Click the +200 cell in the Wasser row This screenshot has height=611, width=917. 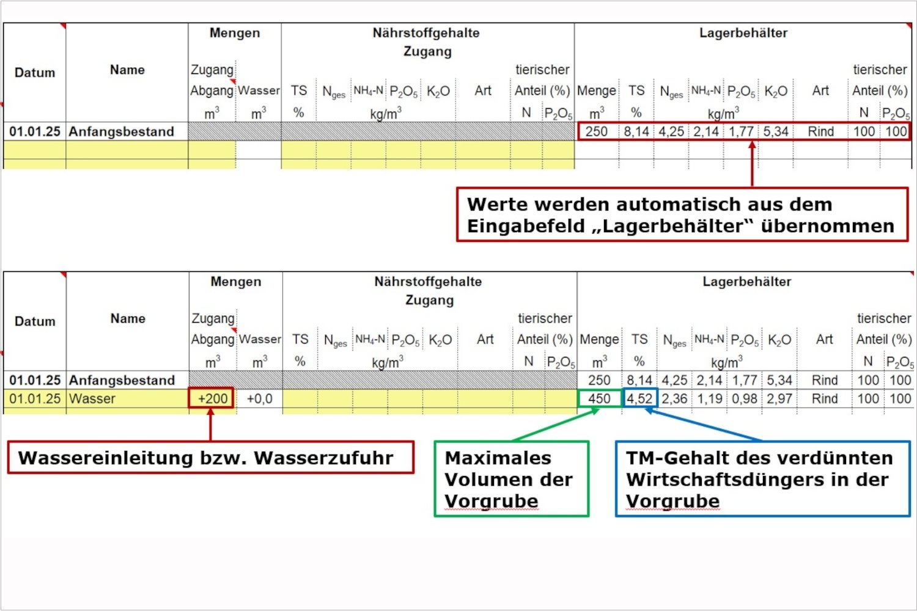click(212, 399)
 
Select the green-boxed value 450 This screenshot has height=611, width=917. click(599, 399)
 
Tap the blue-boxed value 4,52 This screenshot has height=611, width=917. click(639, 399)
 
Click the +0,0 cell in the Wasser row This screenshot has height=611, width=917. click(259, 399)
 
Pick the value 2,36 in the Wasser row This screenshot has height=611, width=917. click(674, 399)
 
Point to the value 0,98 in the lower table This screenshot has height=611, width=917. click(744, 399)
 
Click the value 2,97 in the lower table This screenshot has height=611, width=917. click(779, 399)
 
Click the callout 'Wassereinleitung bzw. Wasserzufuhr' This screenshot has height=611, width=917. click(210, 458)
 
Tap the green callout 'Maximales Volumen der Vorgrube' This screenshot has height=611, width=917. click(511, 479)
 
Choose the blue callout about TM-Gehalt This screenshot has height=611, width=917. click(762, 479)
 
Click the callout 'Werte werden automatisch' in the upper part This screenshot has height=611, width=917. click(682, 214)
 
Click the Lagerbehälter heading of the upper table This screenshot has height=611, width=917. click(743, 33)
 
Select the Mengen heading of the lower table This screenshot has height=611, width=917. click(235, 282)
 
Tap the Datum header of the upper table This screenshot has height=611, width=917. click(35, 73)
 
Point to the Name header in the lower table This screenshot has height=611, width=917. click(128, 318)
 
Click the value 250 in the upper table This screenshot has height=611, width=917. click(596, 131)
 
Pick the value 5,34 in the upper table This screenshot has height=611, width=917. click(775, 131)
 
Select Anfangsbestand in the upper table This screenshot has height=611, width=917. click(121, 131)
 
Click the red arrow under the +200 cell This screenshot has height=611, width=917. click(210, 425)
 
